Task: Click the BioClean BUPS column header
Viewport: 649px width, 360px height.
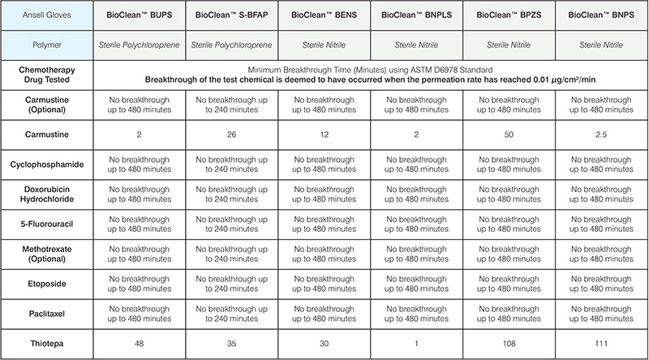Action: [x=140, y=15]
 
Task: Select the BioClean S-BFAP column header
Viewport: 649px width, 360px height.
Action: [x=232, y=15]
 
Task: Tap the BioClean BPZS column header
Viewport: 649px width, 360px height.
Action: [x=509, y=15]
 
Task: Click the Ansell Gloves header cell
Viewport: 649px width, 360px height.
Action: [x=47, y=15]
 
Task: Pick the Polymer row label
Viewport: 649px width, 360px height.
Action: [x=47, y=46]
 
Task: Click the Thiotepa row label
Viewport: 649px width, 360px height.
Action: [x=47, y=342]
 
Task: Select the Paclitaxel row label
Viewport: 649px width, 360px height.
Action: [x=47, y=312]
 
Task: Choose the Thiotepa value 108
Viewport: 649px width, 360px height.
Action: [x=509, y=342]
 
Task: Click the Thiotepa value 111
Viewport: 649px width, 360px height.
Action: [x=601, y=342]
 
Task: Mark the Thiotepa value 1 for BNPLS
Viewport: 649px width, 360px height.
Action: [x=417, y=342]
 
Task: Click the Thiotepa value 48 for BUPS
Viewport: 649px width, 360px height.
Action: [x=140, y=342]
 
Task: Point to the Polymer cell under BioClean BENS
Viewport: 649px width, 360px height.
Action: [x=324, y=46]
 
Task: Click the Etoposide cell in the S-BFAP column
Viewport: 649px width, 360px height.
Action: [x=232, y=282]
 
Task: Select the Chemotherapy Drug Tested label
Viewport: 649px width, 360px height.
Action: [x=47, y=76]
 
